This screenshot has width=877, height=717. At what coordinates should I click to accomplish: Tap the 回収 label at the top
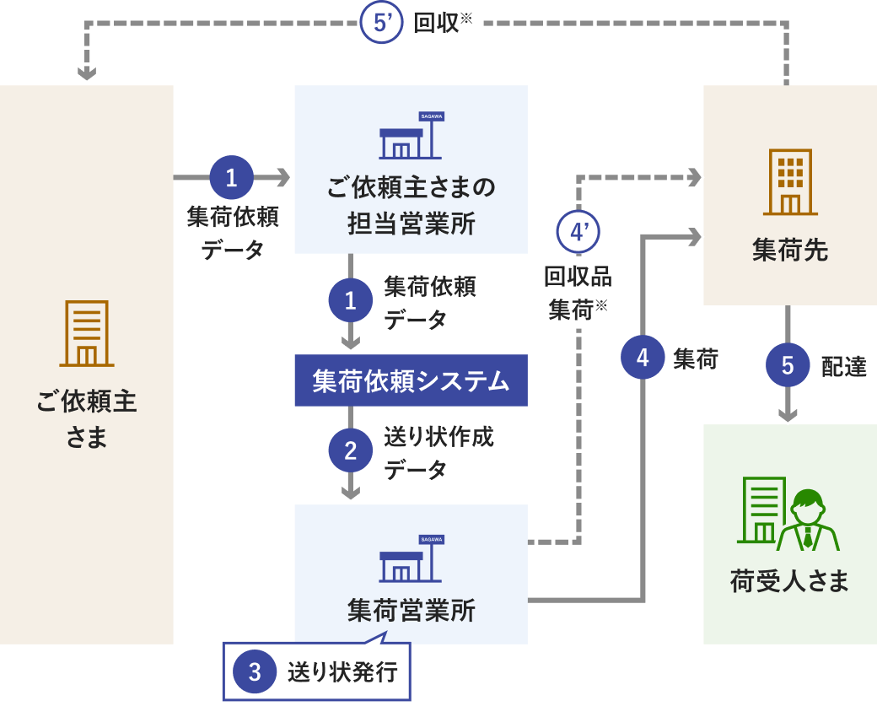click(437, 24)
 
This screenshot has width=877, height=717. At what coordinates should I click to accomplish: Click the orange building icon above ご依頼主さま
click(86, 333)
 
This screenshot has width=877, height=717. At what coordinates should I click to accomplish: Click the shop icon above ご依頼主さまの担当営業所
click(411, 137)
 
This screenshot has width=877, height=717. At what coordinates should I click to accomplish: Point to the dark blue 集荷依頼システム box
click(411, 381)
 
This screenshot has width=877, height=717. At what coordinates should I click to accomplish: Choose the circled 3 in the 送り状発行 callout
click(256, 672)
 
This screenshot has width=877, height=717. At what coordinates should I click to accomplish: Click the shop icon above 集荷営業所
click(411, 558)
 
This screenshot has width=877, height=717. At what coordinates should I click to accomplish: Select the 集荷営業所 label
click(411, 610)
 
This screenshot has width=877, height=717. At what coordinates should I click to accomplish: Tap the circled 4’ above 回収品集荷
click(578, 232)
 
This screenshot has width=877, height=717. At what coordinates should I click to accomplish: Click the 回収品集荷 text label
click(578, 293)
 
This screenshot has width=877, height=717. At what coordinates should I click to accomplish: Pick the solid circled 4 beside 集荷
click(643, 358)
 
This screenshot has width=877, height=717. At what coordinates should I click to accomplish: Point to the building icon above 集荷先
click(790, 182)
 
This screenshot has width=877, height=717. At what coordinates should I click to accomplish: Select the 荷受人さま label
click(789, 581)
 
